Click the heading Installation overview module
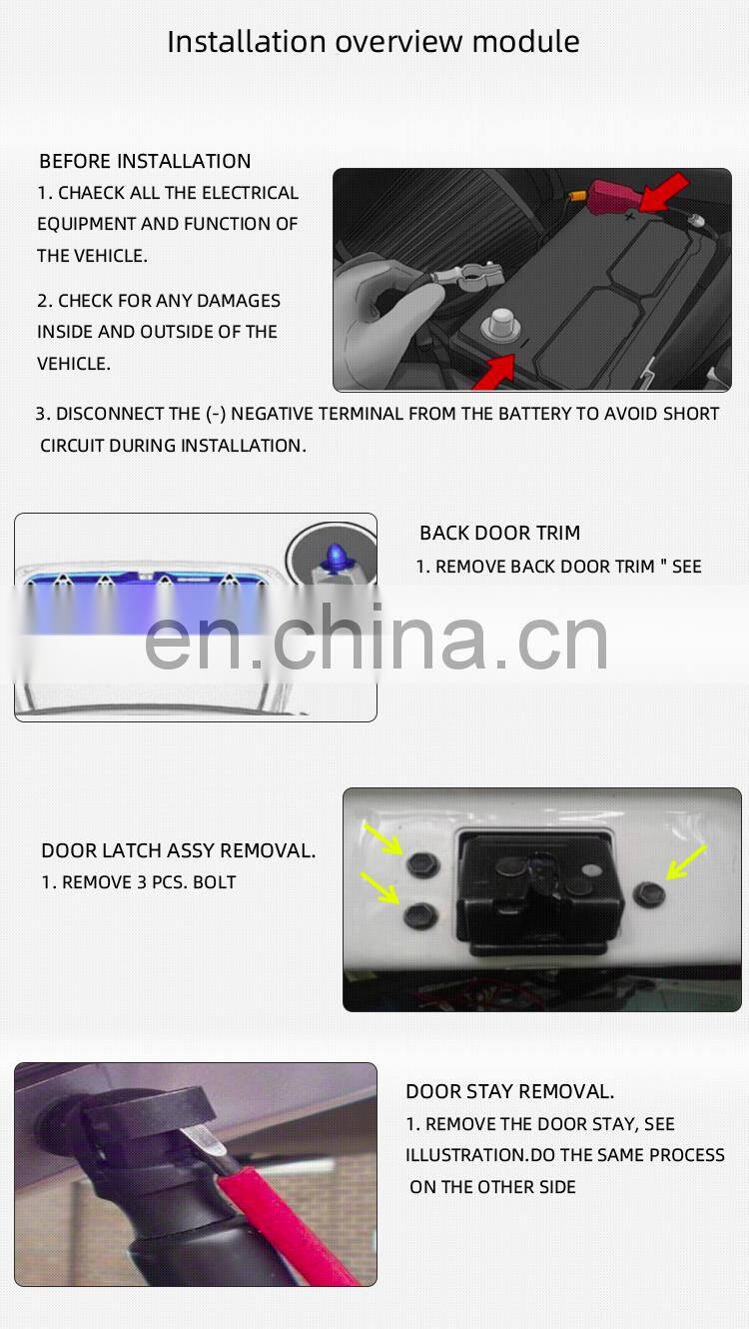[x=373, y=42]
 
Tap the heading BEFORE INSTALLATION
[x=145, y=161]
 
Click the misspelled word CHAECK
[x=93, y=193]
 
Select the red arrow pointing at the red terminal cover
[x=664, y=192]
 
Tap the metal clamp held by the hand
[x=466, y=274]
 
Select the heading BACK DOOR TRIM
[x=499, y=534]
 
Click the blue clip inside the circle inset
[x=333, y=556]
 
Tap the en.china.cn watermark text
[x=376, y=638]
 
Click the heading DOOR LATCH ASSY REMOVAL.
[x=178, y=851]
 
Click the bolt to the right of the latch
[x=649, y=893]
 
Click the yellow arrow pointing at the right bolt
[x=687, y=861]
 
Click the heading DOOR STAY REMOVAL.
[x=509, y=1092]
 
